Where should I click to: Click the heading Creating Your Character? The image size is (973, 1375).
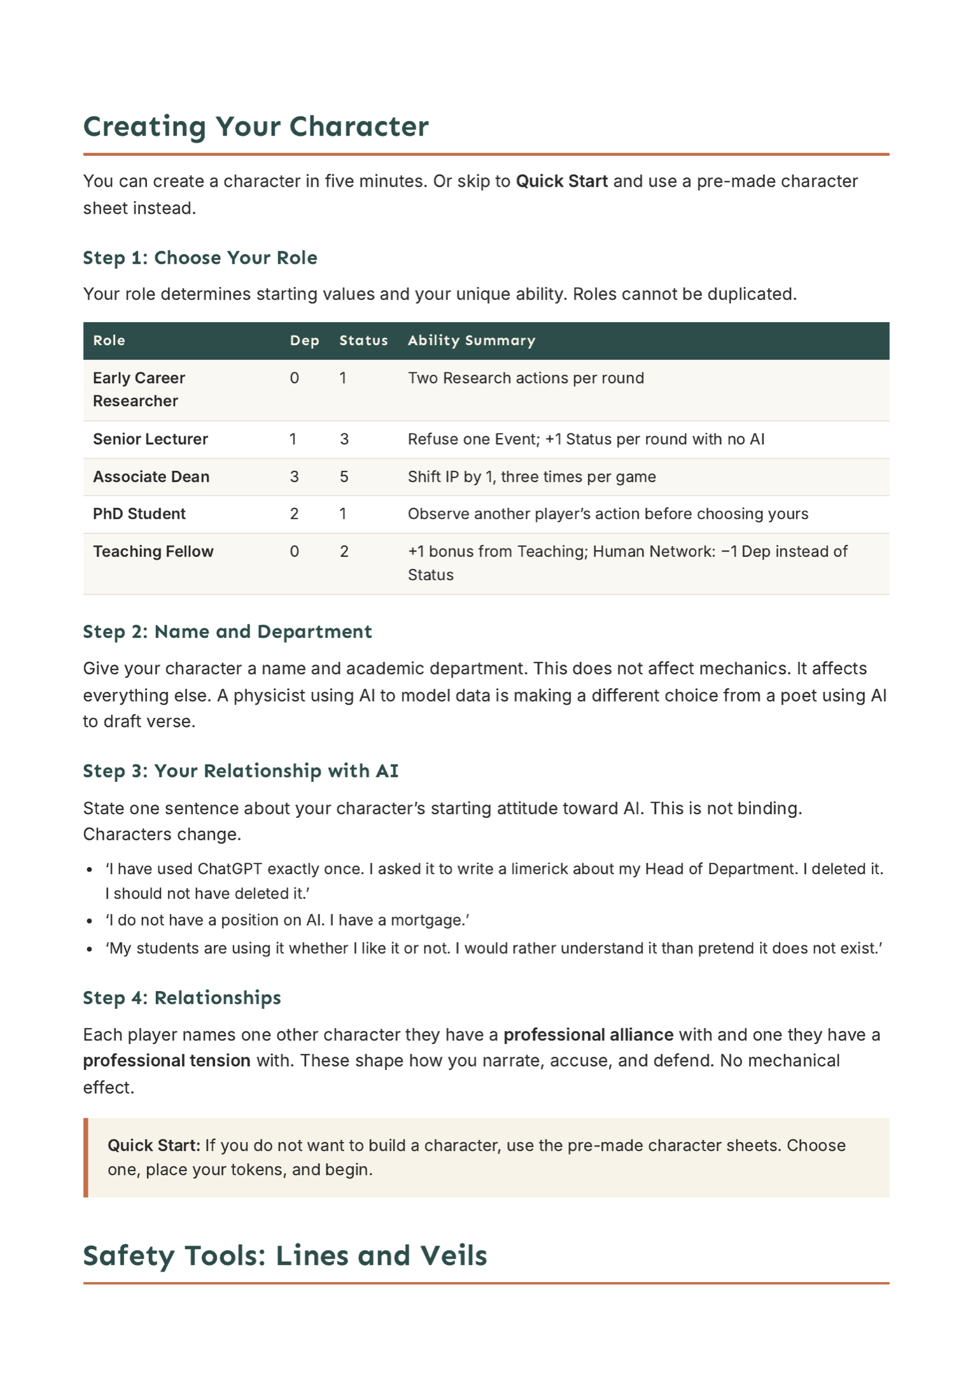(x=256, y=126)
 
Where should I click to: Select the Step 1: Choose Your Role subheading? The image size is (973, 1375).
(x=200, y=258)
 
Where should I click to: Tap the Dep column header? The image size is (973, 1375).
(x=304, y=341)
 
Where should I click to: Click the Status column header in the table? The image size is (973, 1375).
(x=363, y=341)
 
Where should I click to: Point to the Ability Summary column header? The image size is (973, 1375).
(x=471, y=341)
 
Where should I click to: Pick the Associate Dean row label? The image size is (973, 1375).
(x=151, y=477)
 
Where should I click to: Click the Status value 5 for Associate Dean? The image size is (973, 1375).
(x=344, y=477)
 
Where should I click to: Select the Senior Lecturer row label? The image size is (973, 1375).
(x=150, y=439)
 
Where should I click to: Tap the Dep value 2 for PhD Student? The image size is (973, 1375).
(x=294, y=514)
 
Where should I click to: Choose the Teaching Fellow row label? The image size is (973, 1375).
(x=153, y=551)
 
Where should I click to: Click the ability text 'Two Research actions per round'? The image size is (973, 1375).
(x=526, y=378)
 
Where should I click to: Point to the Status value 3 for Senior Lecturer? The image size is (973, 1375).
(x=344, y=439)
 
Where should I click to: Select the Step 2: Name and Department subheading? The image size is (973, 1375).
(x=227, y=631)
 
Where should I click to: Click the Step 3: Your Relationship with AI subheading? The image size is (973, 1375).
(x=241, y=771)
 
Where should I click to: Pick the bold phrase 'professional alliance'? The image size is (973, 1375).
(x=588, y=1034)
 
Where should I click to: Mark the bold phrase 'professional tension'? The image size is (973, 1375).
(x=167, y=1061)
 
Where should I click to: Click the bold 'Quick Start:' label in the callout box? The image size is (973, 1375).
(x=154, y=1145)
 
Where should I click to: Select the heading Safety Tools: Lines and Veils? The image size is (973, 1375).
(x=285, y=1255)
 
